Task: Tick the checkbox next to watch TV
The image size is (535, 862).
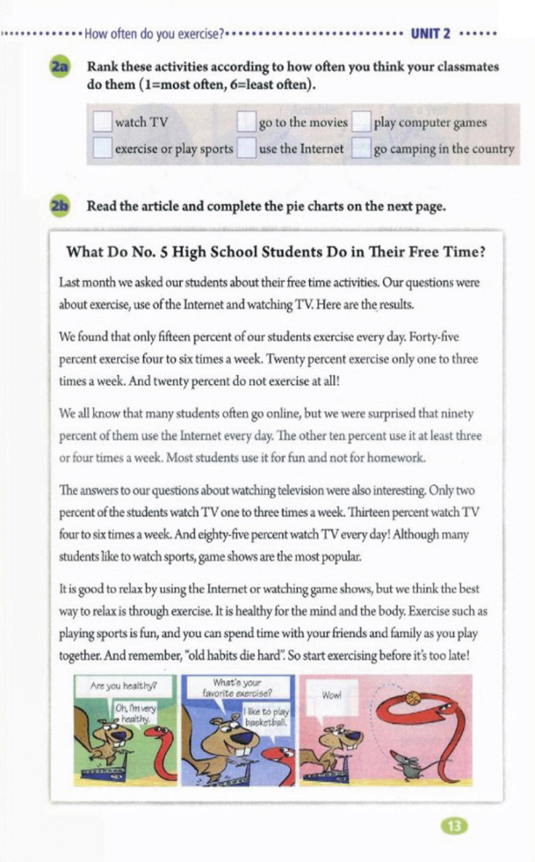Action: pos(103,123)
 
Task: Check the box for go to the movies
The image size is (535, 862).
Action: pos(247,123)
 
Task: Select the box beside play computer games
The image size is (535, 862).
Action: pos(361,123)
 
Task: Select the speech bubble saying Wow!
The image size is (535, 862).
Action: pos(331,695)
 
